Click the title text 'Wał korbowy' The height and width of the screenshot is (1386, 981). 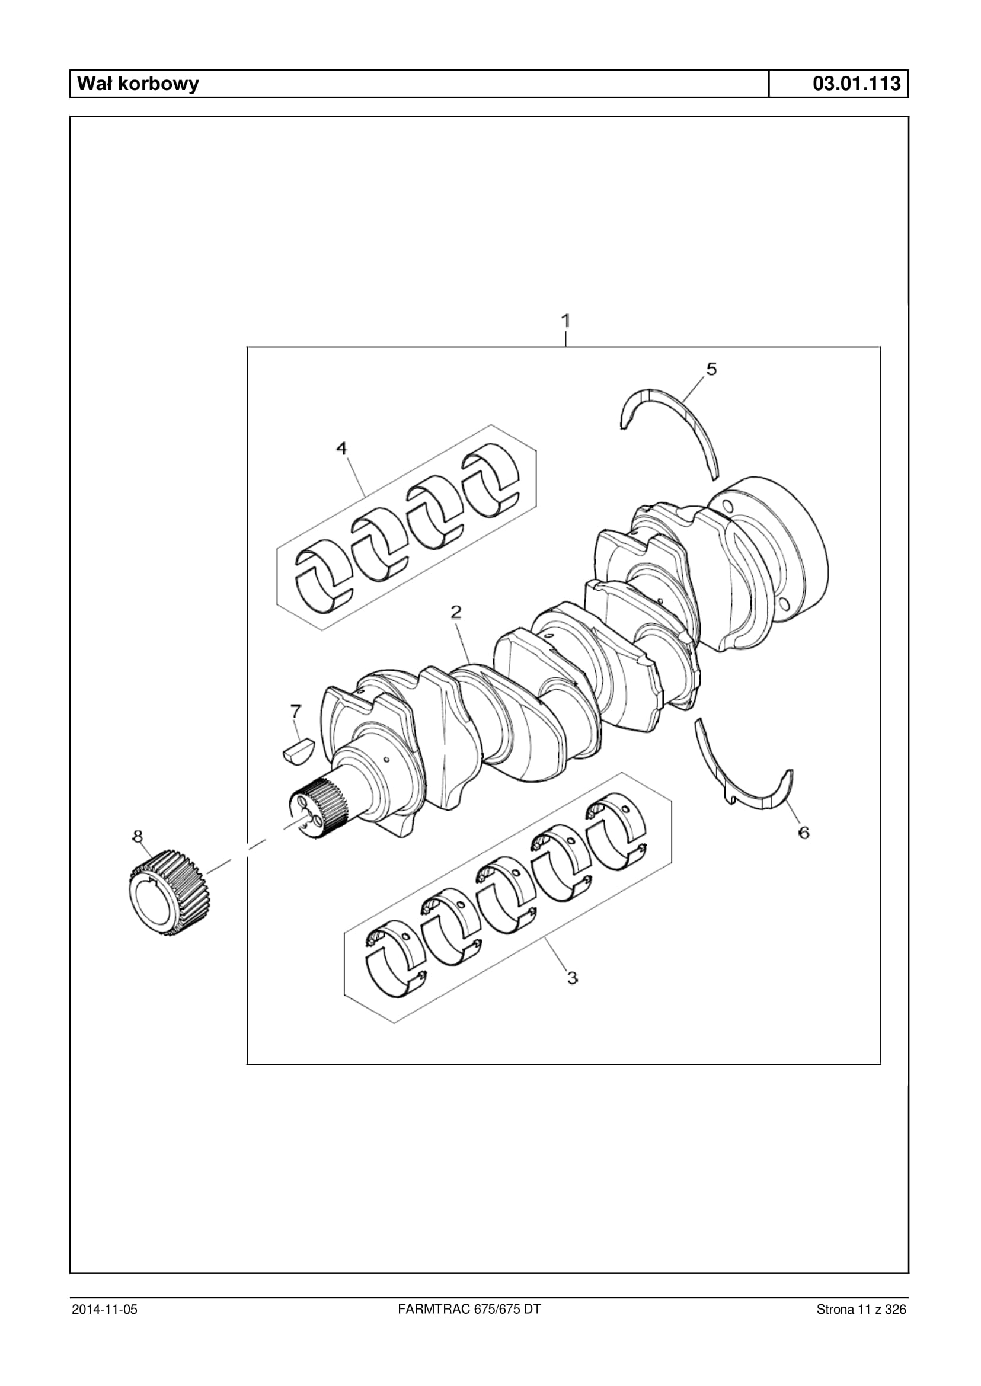click(x=138, y=84)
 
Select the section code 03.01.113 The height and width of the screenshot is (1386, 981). click(x=857, y=84)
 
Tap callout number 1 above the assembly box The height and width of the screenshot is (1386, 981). click(x=566, y=320)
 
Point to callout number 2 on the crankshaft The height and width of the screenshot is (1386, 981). click(x=456, y=612)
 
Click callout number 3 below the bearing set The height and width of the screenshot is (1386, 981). click(x=573, y=977)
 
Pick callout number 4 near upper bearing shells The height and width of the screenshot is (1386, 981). click(x=342, y=448)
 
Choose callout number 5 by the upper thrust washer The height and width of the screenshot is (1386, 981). click(x=711, y=369)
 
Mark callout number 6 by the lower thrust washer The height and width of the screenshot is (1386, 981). click(x=804, y=833)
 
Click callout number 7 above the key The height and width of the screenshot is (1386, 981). click(x=295, y=711)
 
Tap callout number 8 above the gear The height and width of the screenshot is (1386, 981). click(x=138, y=836)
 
